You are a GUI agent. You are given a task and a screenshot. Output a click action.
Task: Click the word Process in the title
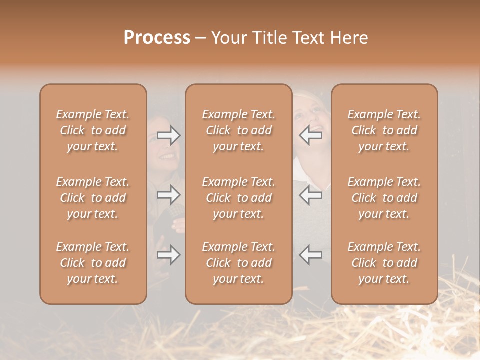157,38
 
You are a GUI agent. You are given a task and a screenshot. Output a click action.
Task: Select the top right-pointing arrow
169,135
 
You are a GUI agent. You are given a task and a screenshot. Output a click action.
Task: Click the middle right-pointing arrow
169,195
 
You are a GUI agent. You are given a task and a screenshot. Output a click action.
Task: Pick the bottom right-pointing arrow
169,255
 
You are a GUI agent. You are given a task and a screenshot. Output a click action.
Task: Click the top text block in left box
93,130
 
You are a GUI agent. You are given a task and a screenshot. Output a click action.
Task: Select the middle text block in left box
93,198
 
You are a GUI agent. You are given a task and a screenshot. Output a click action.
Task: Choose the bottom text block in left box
93,263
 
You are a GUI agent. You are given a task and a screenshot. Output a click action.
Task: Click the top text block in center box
238,130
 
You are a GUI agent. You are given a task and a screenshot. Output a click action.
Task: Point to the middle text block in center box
238,198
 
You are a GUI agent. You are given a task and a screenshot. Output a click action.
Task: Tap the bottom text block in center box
238,263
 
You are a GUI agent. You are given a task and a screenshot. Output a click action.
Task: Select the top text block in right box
384,130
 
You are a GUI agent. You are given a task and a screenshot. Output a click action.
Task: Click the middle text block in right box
384,198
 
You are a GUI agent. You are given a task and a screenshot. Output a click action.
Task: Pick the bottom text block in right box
384,263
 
